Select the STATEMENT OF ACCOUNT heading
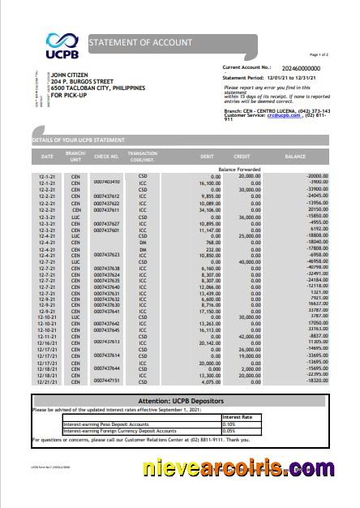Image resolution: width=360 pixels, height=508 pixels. (x=140, y=42)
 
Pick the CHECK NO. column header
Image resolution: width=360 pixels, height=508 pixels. (x=106, y=154)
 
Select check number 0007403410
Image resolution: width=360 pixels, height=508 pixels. (x=106, y=182)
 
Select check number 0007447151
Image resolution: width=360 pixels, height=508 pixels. (x=106, y=380)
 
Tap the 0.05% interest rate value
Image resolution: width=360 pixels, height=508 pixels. (x=229, y=430)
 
